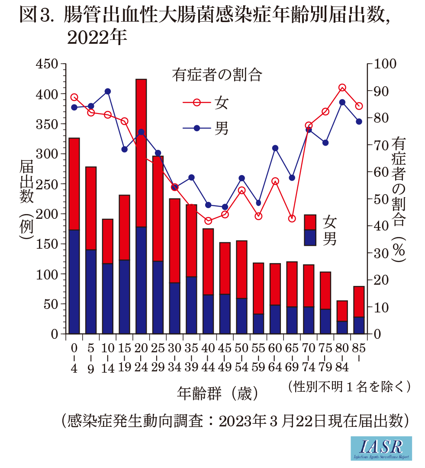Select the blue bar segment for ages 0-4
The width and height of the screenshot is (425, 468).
click(74, 282)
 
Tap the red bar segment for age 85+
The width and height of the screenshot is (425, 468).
click(359, 302)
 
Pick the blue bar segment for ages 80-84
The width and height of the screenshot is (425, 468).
click(342, 327)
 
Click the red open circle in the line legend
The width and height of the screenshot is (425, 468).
click(196, 103)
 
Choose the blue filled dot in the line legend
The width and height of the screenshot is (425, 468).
click(196, 128)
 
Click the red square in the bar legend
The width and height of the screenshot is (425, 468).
click(310, 222)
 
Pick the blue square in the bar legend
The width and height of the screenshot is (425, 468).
click(310, 237)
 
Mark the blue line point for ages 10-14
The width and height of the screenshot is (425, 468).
click(108, 91)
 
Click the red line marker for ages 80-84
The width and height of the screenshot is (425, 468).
click(342, 88)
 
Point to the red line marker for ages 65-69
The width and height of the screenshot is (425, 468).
click(292, 218)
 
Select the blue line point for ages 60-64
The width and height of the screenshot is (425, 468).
click(275, 148)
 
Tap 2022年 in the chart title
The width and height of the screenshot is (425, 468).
click(97, 38)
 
